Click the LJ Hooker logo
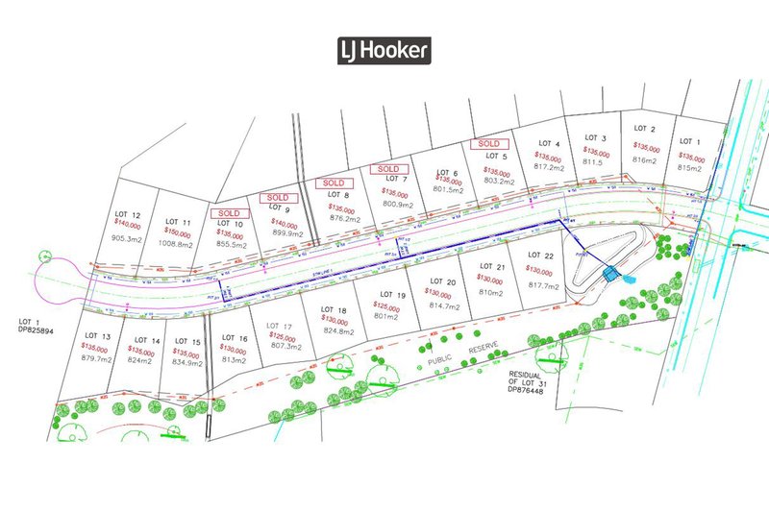click(384, 51)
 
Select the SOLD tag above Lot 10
click(229, 212)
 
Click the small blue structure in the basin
click(609, 275)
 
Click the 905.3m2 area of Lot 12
click(127, 238)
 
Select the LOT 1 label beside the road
click(691, 142)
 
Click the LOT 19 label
click(395, 294)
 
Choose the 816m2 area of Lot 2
click(645, 160)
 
